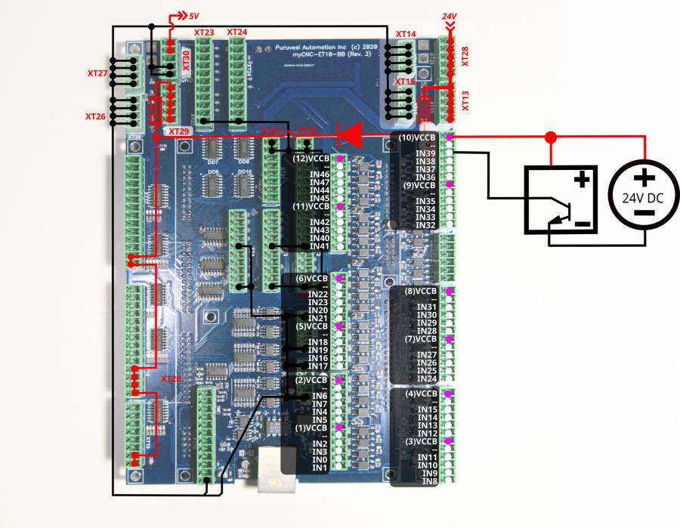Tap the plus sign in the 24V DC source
(644, 178)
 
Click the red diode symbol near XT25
(349, 134)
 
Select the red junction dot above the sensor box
(551, 137)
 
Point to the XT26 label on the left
(96, 116)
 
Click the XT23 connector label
(204, 32)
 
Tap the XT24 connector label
(236, 32)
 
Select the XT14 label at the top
(406, 35)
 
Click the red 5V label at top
(193, 15)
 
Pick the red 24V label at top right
(451, 15)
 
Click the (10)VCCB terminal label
(418, 137)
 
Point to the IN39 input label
(425, 153)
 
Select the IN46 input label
(319, 174)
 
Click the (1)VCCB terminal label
(311, 428)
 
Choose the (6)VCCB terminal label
(311, 279)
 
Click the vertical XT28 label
(465, 56)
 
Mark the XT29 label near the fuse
(179, 131)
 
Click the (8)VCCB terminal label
(421, 291)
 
